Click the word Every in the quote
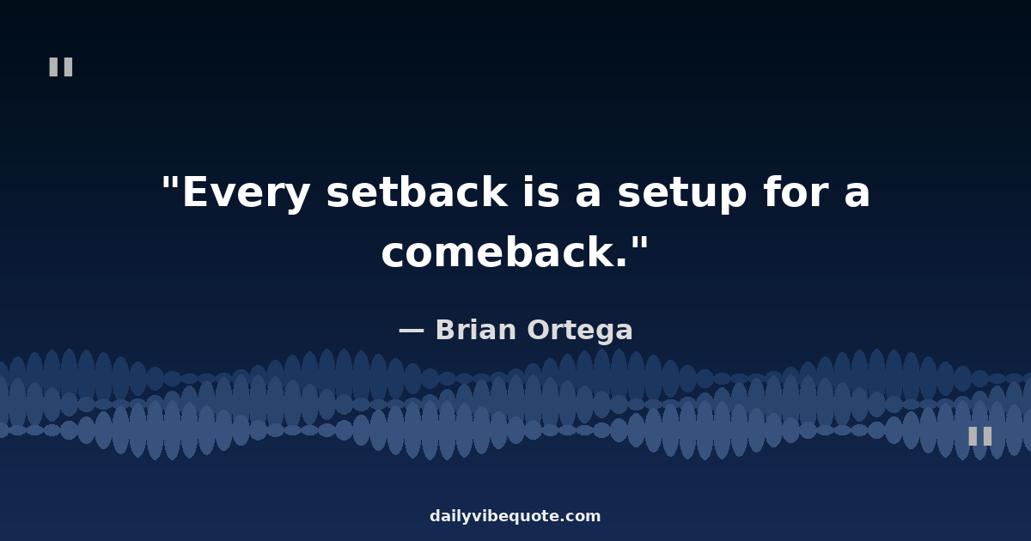coord(247,192)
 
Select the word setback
coord(417,191)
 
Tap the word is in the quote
coord(542,191)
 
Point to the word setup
coord(681,193)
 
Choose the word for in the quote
coord(796,191)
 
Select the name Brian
coord(475,330)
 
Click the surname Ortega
coord(580,331)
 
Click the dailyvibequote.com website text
coord(515,516)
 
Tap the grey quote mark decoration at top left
coord(61,67)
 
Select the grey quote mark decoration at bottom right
coord(980,436)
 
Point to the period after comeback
coord(621,262)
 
